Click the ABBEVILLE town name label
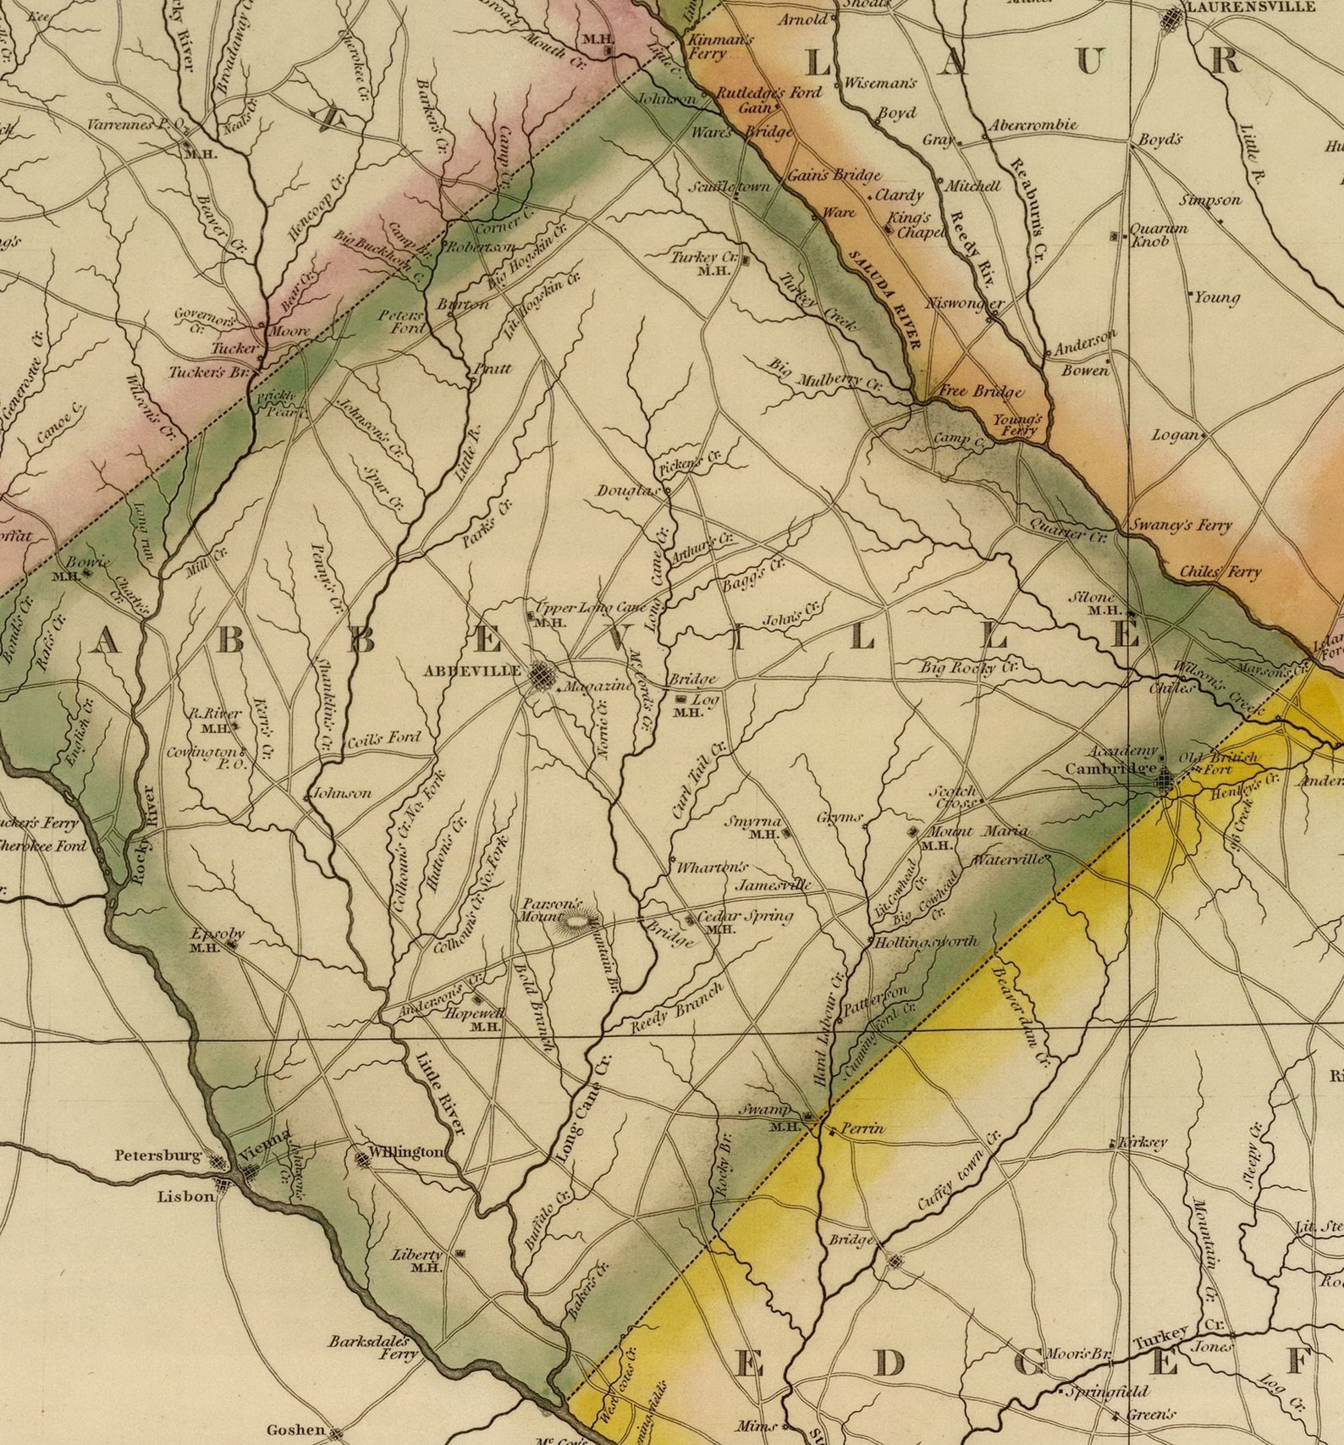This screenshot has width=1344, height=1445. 472,670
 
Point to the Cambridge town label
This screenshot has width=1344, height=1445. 1110,769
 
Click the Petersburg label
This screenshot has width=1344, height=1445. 158,1155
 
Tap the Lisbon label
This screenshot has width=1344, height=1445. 186,1196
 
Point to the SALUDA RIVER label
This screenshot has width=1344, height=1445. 884,298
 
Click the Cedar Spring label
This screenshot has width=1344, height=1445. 746,915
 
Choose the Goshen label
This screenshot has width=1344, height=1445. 295,1430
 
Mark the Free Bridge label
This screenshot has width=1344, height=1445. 982,391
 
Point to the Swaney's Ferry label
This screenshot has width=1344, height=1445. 1182,525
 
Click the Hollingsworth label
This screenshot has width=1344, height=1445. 926,940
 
